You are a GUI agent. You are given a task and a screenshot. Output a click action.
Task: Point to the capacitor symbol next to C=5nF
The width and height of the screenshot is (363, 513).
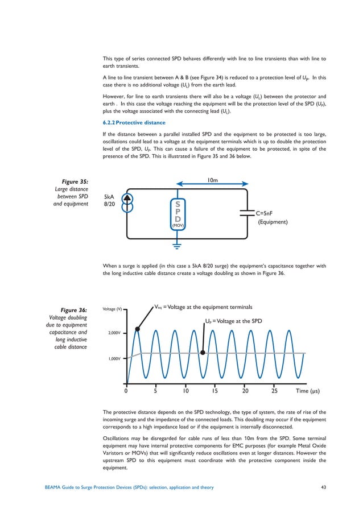click(x=246, y=212)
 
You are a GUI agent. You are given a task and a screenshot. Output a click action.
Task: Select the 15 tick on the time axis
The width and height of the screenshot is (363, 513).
click(x=215, y=391)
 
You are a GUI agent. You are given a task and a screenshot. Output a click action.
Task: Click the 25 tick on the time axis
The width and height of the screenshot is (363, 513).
click(x=274, y=391)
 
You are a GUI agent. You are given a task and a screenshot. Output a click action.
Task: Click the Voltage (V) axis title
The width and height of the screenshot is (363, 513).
click(x=112, y=309)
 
